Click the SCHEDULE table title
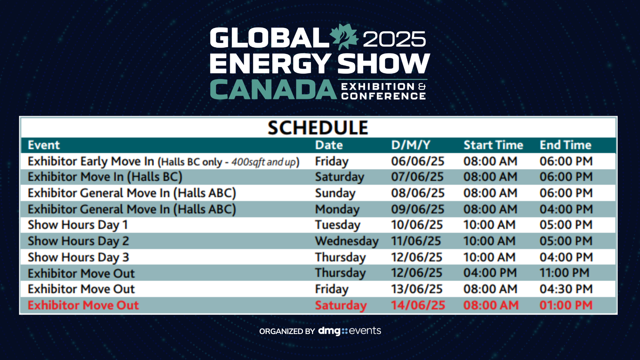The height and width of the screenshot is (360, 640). pos(318,128)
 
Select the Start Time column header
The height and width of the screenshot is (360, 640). pos(493,145)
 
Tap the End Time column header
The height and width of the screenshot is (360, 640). pos(566,145)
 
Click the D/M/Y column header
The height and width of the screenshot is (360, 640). pos(411,145)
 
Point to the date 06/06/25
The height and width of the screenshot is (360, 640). pos(418,161)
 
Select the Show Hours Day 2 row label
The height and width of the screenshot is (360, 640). pos(78,241)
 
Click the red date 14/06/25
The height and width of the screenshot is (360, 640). pos(418,305)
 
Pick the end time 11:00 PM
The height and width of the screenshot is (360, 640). pos(564,273)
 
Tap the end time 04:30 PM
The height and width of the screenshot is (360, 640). pos(566,289)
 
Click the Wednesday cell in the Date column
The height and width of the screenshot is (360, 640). pos(347,241)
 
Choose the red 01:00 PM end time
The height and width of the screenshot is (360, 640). pos(566,305)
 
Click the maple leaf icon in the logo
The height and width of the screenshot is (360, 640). pos(344,36)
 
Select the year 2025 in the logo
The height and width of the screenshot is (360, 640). pos(394,39)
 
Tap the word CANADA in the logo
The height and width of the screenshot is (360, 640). pos(273,89)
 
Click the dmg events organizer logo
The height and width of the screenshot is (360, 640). pos(350,331)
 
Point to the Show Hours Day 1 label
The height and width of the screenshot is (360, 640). pos(78,225)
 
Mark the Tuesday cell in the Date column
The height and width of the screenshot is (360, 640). pos(338,225)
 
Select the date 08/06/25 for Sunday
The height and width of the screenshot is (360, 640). pos(418,193)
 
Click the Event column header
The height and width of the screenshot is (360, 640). pos(44,145)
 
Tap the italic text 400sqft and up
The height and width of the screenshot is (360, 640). pos(263,162)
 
